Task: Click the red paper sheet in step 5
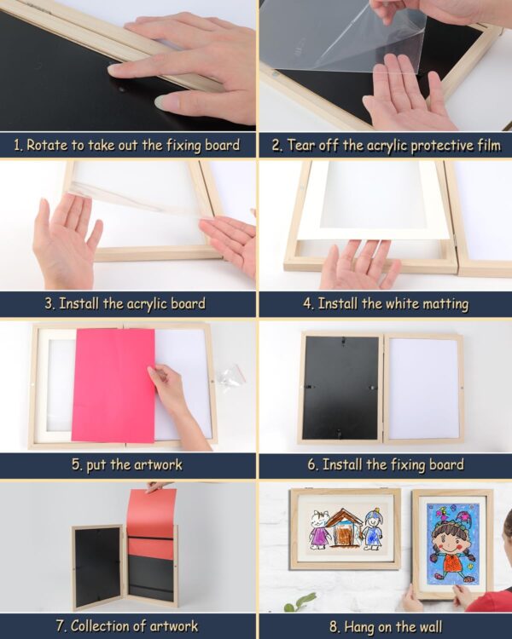(x=113, y=383)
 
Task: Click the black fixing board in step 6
(x=340, y=388)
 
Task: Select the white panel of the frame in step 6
(x=423, y=389)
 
